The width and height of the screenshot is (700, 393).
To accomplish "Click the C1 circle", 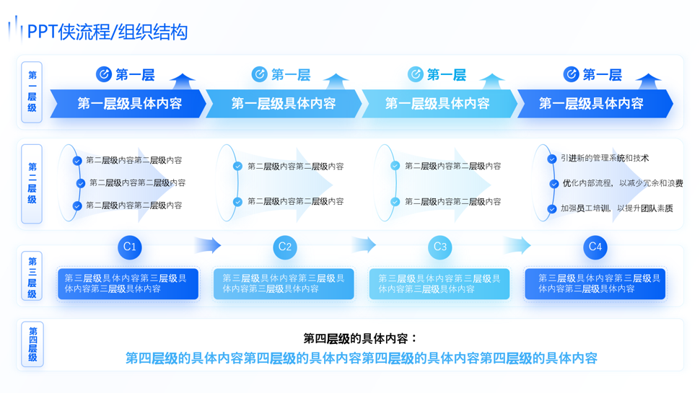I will (130, 247).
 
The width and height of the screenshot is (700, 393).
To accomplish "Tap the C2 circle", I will (285, 247).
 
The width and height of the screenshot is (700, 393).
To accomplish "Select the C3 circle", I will (439, 247).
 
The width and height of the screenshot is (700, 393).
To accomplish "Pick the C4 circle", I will (595, 247).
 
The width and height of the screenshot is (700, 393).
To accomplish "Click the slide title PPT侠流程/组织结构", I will (107, 32).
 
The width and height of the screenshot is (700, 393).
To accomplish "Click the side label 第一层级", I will (32, 92).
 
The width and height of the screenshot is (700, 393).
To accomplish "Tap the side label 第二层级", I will (32, 183).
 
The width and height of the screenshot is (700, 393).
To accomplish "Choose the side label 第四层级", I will (32, 344).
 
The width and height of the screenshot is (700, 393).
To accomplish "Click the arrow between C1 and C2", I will (208, 245).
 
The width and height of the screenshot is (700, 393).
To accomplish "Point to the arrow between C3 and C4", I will (517, 245).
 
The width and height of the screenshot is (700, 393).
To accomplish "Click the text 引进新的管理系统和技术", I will (605, 159).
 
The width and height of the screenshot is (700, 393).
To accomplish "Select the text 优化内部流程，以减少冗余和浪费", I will (622, 184).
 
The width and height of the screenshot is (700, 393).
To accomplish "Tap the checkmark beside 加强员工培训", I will (552, 209).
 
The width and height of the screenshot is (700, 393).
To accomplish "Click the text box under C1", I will (128, 283).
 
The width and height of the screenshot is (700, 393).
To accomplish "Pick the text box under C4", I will (595, 283).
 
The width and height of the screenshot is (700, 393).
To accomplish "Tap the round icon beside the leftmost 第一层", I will (104, 74).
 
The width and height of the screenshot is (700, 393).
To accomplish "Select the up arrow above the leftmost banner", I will (183, 81).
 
